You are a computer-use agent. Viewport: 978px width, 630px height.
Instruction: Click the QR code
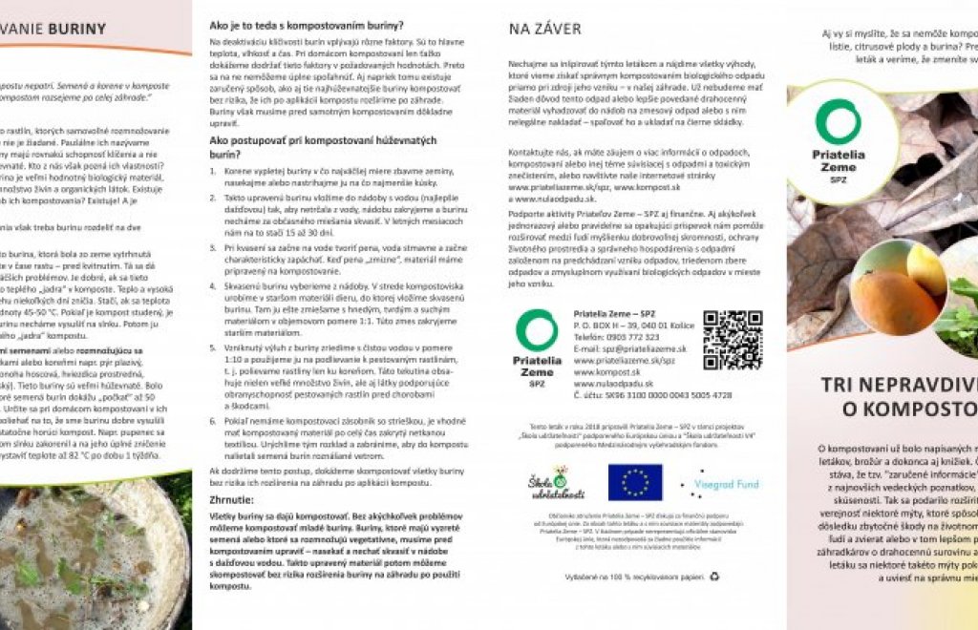(x=733, y=340)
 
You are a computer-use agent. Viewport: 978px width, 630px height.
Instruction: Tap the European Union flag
(x=634, y=483)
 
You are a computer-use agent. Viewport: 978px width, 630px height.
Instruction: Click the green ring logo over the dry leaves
(x=837, y=121)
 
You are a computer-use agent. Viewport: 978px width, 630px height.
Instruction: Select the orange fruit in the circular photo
(x=892, y=302)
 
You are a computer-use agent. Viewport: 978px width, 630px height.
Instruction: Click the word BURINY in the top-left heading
(x=75, y=29)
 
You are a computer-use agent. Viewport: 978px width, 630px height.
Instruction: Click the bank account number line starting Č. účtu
(x=652, y=394)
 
